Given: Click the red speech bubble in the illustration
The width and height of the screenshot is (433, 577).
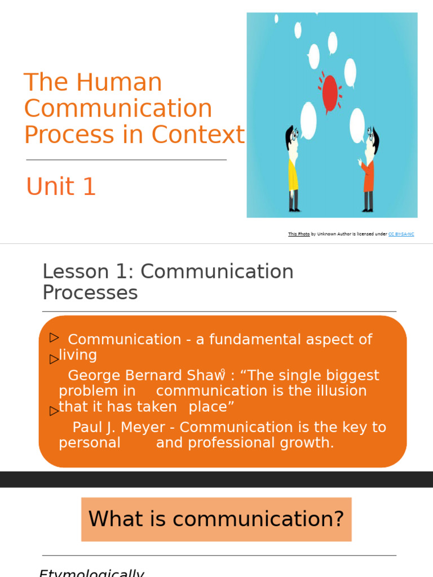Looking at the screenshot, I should [x=329, y=92].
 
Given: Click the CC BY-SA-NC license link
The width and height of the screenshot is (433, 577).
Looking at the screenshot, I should [x=401, y=234].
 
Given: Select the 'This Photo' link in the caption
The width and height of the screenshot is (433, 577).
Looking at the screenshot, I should [x=298, y=234].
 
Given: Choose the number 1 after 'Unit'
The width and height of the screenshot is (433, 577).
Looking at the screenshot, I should [x=89, y=187].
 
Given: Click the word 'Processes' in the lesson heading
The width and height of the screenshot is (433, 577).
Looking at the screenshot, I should [x=90, y=292].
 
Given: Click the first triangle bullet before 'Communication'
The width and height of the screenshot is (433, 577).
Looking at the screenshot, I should [x=54, y=338].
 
